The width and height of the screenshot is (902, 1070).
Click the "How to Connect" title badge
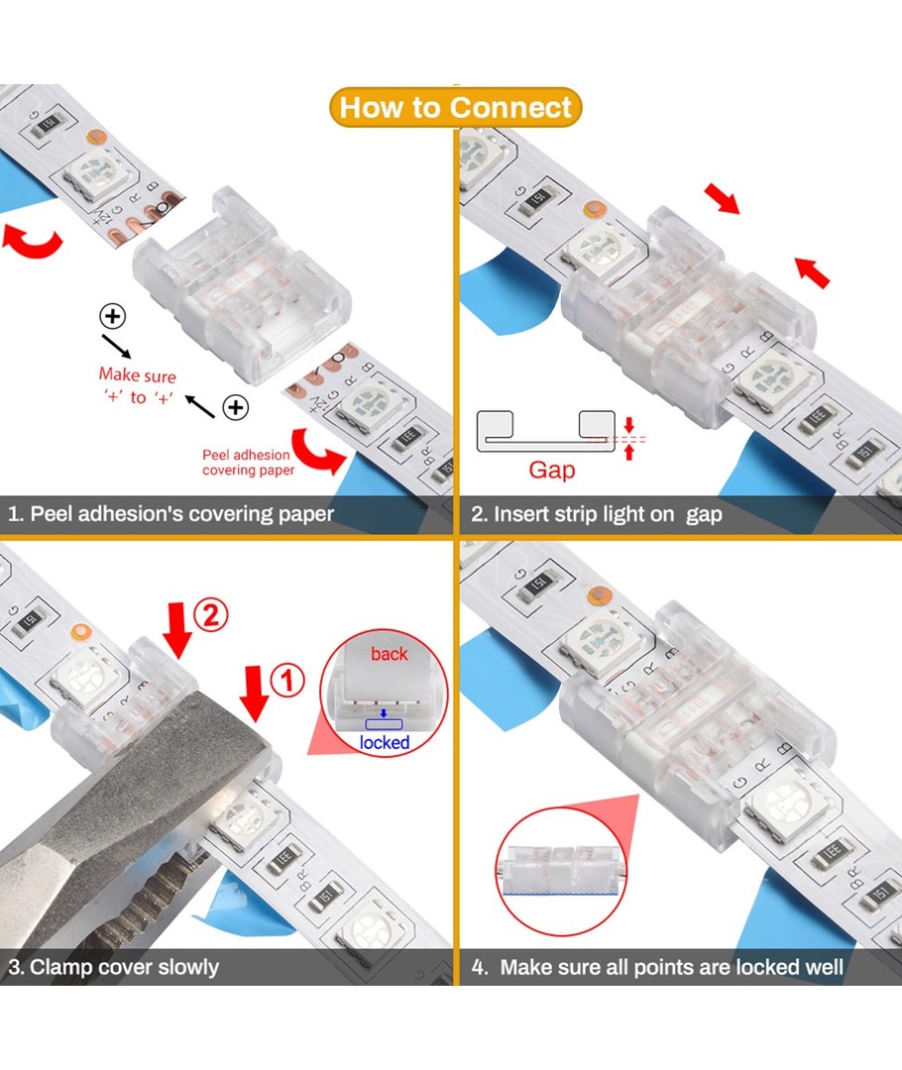point(455,107)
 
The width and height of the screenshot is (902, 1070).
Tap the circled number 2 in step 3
point(211,615)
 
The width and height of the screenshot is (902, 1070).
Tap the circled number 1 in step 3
point(287,681)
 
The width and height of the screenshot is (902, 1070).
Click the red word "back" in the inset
point(390,654)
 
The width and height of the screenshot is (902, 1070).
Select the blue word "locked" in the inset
point(385,742)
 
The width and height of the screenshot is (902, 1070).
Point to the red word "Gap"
point(552,471)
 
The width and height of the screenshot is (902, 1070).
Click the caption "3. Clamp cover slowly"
point(113,967)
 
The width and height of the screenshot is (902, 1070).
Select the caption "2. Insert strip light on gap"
point(596,514)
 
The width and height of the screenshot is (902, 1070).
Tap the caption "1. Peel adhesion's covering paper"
point(170,514)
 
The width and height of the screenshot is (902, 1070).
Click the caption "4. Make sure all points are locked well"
point(657,967)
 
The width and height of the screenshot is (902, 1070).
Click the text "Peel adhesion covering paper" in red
point(247,462)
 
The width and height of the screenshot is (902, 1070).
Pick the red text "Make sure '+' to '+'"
point(137,385)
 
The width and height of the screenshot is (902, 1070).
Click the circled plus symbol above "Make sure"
point(113,316)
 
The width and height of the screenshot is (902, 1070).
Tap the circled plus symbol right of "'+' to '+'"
point(236,407)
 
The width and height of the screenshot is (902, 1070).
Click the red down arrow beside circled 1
point(255,693)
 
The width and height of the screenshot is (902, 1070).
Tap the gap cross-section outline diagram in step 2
point(546,431)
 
